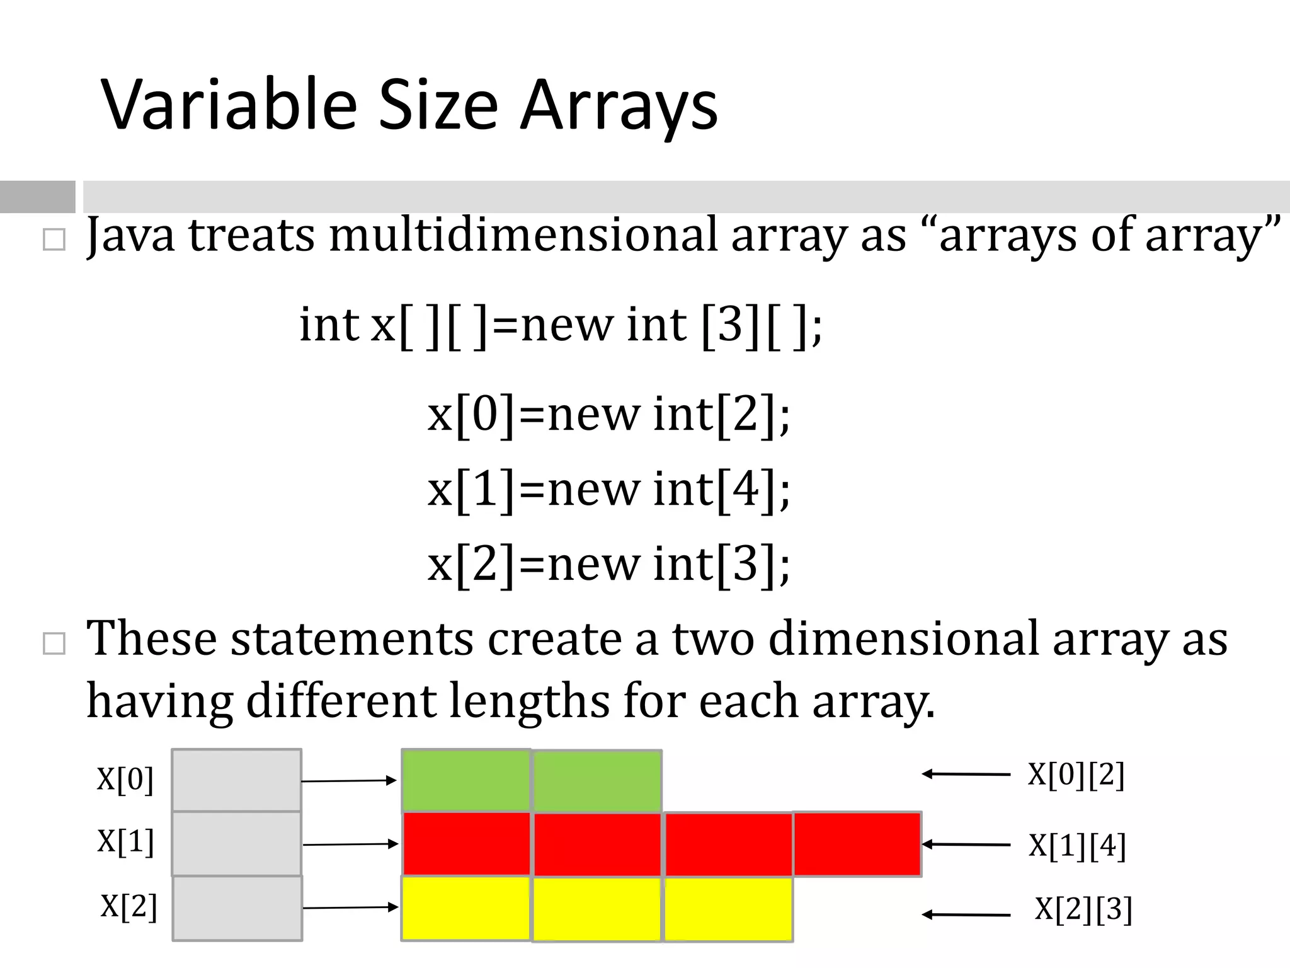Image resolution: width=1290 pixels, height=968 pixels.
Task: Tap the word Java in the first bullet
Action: pos(130,234)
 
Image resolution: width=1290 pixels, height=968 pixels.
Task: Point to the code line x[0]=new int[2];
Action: pos(608,414)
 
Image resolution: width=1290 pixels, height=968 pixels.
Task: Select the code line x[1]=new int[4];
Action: pos(608,489)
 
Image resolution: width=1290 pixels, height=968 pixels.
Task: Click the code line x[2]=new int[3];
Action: pos(608,563)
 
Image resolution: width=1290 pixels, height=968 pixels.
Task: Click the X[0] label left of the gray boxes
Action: pos(125,780)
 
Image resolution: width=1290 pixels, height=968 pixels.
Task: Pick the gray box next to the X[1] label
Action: pos(236,843)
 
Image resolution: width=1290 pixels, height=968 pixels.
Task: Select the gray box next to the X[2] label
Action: pos(237,908)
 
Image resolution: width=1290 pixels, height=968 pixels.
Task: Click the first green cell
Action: pos(466,780)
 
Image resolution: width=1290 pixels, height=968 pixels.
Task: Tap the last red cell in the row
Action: pos(857,844)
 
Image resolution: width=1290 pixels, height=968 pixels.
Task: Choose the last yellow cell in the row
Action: pos(728,909)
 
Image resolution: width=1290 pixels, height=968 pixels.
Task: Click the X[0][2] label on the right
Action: pos(1076,775)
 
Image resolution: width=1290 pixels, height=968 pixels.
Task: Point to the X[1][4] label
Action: pos(1077,846)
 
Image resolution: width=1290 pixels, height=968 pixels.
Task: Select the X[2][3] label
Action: pos(1083,909)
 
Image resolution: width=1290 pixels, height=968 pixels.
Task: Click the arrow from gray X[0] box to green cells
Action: pos(349,781)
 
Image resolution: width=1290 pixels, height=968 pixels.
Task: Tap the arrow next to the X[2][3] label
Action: pos(966,914)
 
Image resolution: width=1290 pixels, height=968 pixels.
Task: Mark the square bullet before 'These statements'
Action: pos(54,644)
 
